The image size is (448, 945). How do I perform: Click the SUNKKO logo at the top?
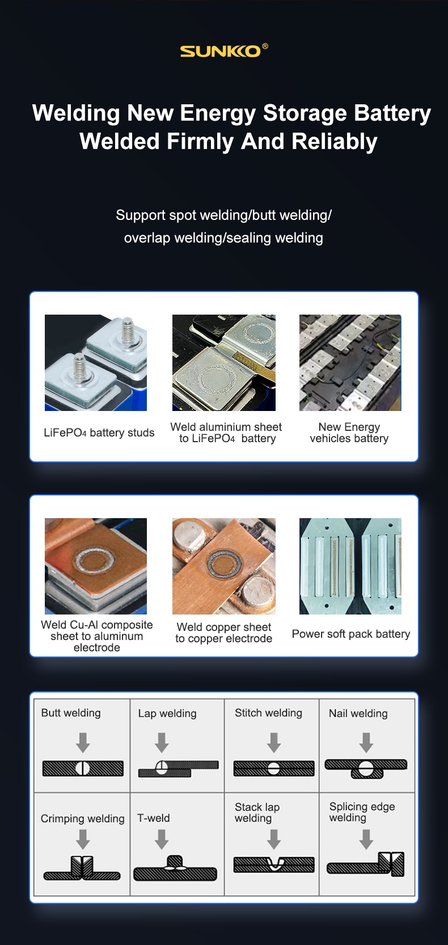point(223,50)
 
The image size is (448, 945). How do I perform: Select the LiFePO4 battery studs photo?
point(96,363)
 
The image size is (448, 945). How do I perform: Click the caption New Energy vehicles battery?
point(349,433)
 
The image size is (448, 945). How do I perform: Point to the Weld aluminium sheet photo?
point(223,363)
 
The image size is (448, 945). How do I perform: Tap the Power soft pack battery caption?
point(351,634)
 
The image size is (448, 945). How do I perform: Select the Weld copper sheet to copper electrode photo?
point(223,566)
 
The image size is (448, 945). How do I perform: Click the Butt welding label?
point(71,713)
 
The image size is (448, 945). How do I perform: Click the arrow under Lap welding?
point(162,743)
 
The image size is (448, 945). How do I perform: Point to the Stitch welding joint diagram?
point(274,768)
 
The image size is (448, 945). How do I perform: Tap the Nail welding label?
point(358,713)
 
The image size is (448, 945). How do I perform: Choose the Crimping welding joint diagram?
point(82,868)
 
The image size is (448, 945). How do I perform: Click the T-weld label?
point(154,818)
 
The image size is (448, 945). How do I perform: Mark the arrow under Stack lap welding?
point(274,839)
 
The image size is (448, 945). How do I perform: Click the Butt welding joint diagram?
point(83,769)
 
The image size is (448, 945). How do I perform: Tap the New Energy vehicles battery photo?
point(350,363)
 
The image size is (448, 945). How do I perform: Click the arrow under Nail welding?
point(366,743)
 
